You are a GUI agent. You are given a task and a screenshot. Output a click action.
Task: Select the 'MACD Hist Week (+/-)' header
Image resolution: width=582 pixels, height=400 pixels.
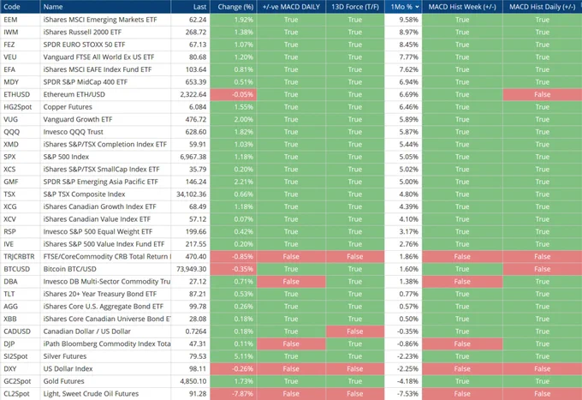[462, 7]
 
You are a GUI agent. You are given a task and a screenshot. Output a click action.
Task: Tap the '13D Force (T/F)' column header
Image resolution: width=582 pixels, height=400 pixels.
[355, 7]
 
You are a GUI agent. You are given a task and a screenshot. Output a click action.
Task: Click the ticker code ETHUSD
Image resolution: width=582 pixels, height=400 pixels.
[17, 94]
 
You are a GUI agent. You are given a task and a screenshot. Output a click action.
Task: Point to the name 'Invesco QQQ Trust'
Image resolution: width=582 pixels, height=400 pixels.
[73, 132]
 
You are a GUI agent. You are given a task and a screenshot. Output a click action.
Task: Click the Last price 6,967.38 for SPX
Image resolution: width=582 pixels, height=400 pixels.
[193, 157]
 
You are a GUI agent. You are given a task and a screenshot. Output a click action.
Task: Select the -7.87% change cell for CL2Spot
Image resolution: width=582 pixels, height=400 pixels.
[234, 394]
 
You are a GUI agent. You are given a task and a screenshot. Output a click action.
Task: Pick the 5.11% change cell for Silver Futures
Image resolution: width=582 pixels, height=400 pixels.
[234, 356]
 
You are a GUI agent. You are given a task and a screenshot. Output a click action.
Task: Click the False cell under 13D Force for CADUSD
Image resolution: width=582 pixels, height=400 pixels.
[355, 331]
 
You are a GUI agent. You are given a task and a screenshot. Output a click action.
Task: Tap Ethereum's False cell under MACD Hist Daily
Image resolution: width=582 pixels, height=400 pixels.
[543, 94]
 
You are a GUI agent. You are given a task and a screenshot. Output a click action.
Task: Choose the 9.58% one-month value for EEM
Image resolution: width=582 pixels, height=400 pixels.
[408, 20]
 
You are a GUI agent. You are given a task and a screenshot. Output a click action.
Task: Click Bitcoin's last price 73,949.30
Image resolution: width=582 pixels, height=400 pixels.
[191, 269]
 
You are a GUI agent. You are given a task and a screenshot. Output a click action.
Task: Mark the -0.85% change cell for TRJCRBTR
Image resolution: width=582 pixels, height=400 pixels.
[234, 257]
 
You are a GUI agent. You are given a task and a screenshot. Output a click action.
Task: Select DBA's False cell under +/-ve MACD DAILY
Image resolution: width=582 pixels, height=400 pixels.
[291, 282]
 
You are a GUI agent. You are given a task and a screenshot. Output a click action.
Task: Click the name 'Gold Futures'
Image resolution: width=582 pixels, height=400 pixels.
[63, 381]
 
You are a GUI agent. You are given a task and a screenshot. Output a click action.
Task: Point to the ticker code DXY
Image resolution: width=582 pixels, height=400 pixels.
[10, 369]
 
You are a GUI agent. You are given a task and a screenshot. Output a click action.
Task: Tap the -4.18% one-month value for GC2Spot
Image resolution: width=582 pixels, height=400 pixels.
[407, 381]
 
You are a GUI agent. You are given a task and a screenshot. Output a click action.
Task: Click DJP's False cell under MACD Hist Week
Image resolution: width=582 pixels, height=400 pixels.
[462, 344]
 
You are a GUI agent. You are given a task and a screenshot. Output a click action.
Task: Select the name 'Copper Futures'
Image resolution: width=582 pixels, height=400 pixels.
[68, 107]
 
